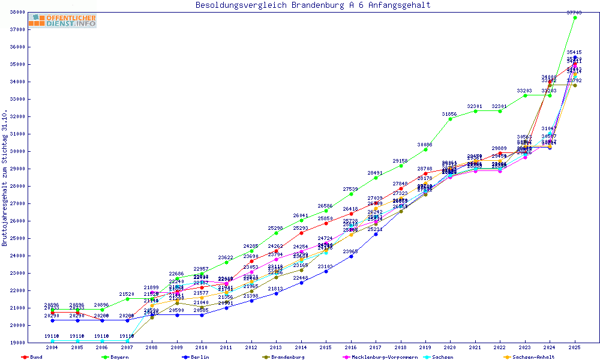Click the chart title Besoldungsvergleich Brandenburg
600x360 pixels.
click(313, 5)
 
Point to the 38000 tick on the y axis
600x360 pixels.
click(16, 12)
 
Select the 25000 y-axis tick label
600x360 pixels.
click(16, 238)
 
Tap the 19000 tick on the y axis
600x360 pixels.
click(16, 343)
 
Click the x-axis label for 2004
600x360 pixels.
click(53, 347)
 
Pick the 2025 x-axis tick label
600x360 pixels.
click(575, 347)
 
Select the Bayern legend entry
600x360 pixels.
click(119, 357)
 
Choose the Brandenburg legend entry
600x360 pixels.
click(287, 357)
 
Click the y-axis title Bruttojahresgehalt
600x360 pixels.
click(5, 179)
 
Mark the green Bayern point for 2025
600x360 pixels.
click(575, 18)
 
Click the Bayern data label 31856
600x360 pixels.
click(451, 114)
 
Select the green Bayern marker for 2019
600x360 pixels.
click(425, 149)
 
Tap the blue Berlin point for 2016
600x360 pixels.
click(351, 256)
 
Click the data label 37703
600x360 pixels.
click(575, 13)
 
